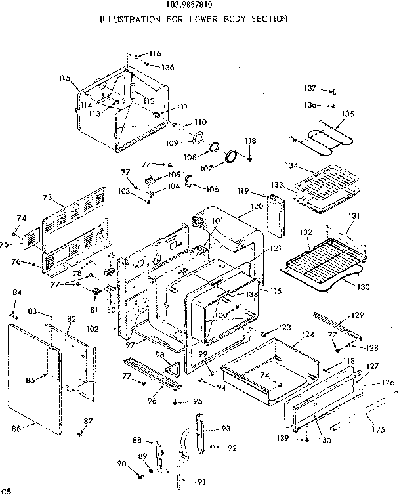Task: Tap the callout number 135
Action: pyautogui.click(x=348, y=114)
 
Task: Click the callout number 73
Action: pyautogui.click(x=47, y=197)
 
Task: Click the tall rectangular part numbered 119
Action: pyautogui.click(x=276, y=217)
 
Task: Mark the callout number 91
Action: pyautogui.click(x=201, y=482)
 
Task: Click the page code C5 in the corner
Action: pyautogui.click(x=7, y=491)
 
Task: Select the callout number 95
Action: pyautogui.click(x=198, y=401)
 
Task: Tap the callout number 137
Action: pyautogui.click(x=308, y=89)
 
